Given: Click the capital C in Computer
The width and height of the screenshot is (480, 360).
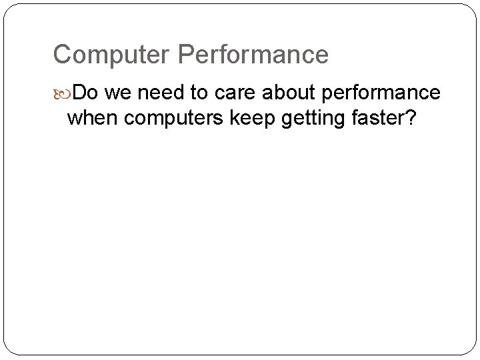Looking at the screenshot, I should (x=62, y=55).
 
